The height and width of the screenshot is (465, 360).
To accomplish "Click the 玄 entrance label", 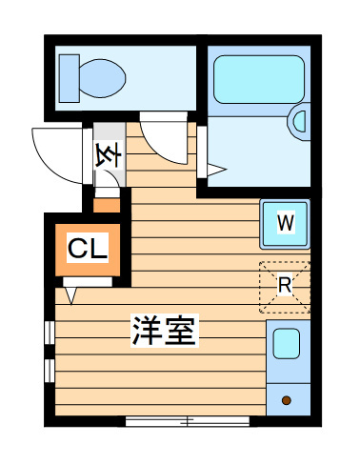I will click(107, 153).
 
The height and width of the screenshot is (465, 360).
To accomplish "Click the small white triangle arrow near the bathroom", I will click(216, 171).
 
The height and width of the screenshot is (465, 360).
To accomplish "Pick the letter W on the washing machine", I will click(285, 223).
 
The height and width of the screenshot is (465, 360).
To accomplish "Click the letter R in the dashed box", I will click(285, 283).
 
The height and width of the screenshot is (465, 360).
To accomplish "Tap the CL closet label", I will click(88, 250).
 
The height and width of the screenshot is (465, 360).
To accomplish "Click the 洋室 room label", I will click(164, 331).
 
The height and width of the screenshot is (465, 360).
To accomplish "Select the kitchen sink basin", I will click(285, 344).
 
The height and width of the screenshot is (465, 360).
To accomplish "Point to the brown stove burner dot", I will click(285, 400).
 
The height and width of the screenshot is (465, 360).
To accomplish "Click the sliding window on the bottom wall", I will click(188, 420).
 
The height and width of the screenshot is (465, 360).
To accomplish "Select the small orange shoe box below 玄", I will click(107, 203).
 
